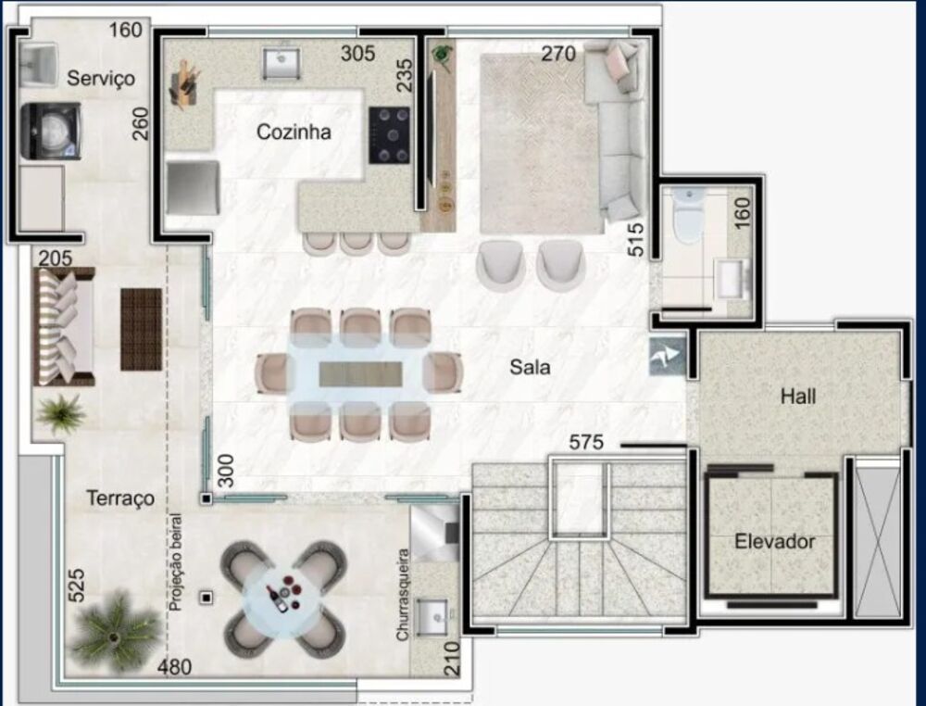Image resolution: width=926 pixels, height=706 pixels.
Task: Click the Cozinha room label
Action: point(294,132)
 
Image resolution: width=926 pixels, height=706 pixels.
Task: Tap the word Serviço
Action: point(100,78)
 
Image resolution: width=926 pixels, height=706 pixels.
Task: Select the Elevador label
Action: point(775,541)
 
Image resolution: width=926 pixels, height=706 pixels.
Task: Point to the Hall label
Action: point(798,396)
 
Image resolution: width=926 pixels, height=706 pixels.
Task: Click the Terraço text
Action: point(120,498)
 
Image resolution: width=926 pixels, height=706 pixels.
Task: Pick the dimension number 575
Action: point(586,442)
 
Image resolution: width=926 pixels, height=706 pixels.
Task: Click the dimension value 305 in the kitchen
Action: point(357,53)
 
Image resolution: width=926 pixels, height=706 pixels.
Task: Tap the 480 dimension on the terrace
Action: point(174,667)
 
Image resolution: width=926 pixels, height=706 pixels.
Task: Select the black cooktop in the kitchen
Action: point(389,135)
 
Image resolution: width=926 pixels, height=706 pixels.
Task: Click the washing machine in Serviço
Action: point(51,132)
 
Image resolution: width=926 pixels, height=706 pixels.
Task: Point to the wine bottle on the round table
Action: point(276,598)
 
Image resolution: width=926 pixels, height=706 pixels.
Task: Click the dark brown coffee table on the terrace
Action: point(141,329)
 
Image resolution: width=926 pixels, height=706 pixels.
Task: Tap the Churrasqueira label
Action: point(403,594)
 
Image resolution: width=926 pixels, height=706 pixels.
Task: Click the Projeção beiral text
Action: point(175,561)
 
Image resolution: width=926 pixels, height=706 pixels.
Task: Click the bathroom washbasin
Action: point(732,278)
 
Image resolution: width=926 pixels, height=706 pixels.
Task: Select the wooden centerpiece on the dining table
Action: point(360,374)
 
